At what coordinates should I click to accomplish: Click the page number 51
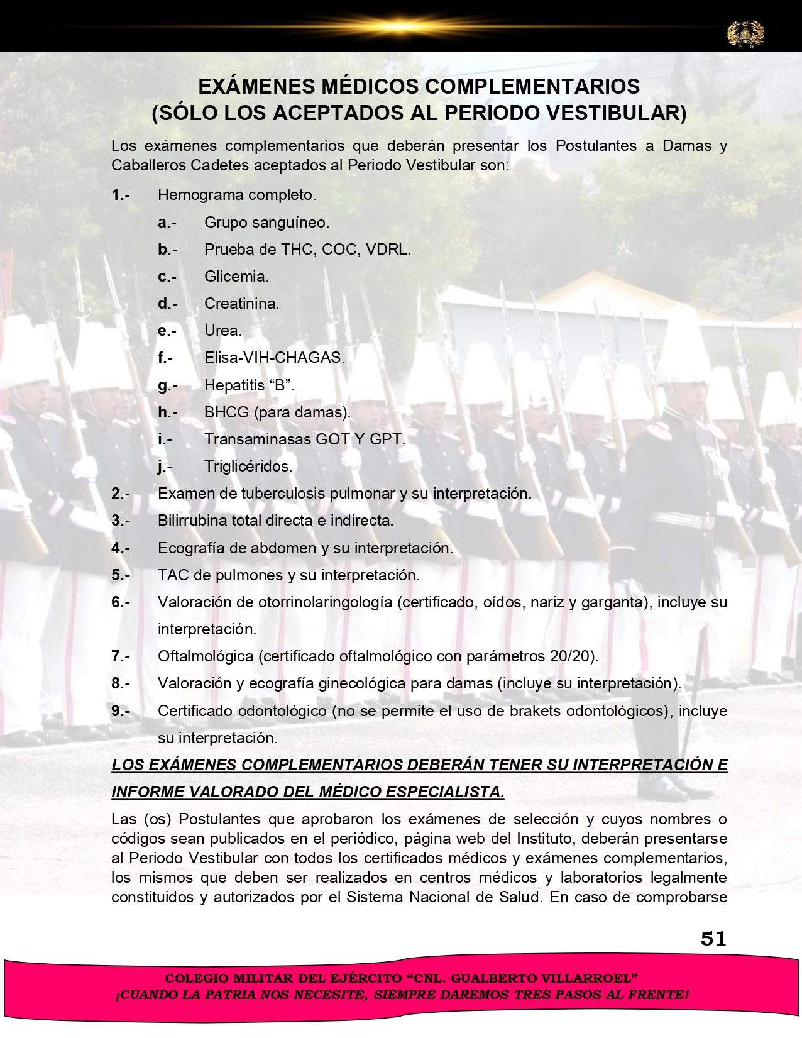[713, 939]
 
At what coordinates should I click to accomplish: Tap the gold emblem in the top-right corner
[745, 33]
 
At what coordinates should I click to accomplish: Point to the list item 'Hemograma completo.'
[236, 195]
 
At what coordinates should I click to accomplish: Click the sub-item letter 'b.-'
[167, 250]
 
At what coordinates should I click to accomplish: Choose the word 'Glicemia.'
[236, 277]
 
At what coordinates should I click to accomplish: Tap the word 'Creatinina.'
[241, 304]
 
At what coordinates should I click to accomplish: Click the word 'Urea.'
[222, 331]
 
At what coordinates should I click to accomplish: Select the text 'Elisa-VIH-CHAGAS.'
[274, 358]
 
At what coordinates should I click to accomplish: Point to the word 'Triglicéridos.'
[248, 467]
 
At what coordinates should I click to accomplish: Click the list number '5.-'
[121, 575]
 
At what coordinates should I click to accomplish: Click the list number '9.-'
[121, 711]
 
